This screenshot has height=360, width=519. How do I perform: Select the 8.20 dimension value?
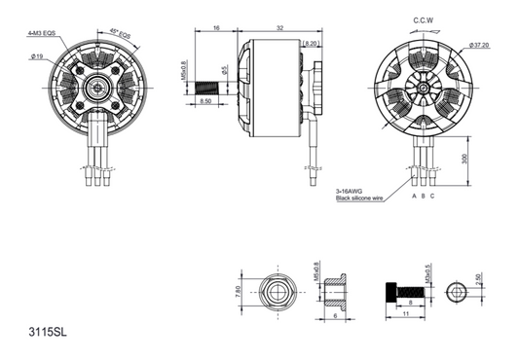click(312, 44)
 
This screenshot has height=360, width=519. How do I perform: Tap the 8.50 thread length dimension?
click(206, 100)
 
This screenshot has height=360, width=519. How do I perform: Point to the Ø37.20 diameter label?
click(478, 45)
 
